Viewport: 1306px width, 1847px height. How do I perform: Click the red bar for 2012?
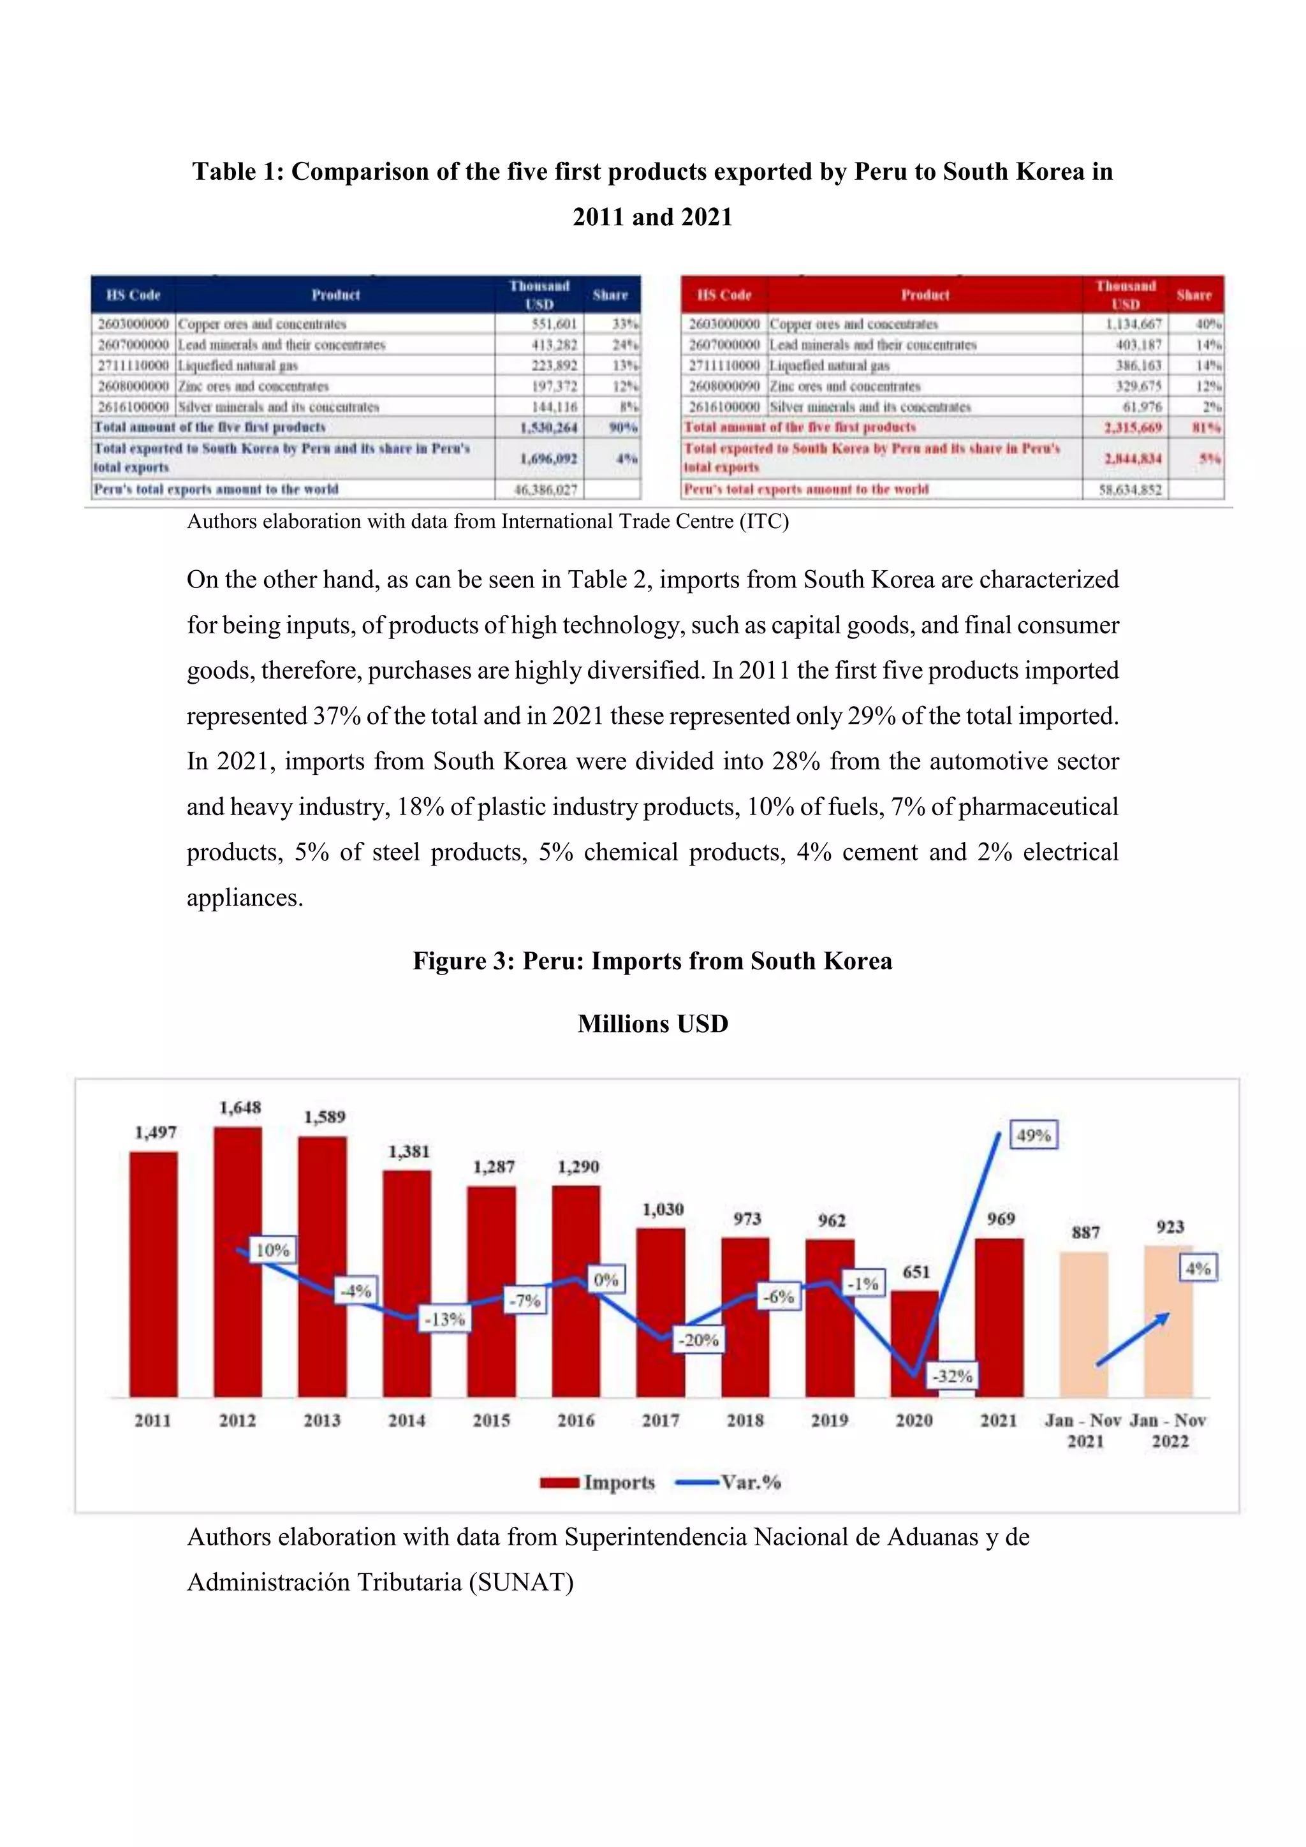(x=237, y=1263)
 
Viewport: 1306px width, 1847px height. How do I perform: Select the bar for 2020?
(x=914, y=1344)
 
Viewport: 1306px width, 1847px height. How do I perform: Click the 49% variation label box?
(x=1033, y=1135)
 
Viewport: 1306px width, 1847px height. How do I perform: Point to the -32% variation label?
(x=952, y=1376)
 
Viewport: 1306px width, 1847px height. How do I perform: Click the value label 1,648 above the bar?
(x=240, y=1108)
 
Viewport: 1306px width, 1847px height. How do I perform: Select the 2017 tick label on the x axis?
(x=660, y=1420)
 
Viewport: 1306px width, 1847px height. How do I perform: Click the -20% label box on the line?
(x=698, y=1340)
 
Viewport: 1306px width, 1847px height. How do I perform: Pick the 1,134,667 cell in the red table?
(x=1133, y=324)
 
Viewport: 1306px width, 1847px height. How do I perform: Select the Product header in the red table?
(x=925, y=295)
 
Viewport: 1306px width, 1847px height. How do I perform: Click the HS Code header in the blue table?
(x=133, y=295)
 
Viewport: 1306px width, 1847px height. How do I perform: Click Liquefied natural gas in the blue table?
(x=238, y=365)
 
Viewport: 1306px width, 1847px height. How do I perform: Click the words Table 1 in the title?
(x=237, y=172)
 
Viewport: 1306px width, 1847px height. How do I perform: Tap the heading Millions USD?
(x=652, y=1024)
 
